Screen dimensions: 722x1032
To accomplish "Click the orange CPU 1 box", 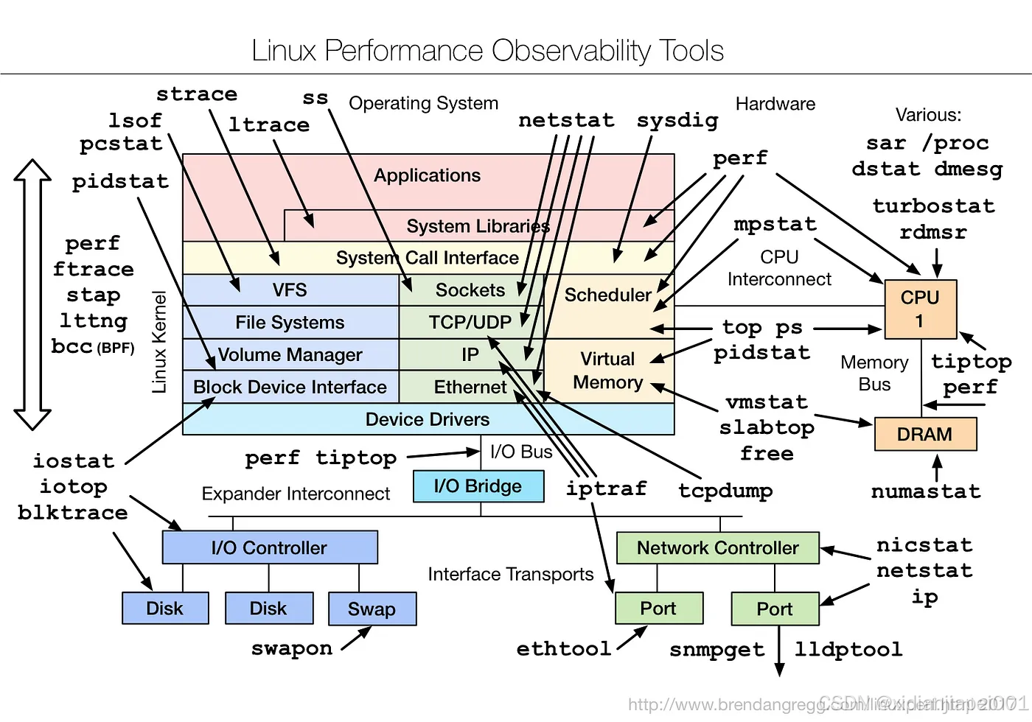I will click(x=920, y=309).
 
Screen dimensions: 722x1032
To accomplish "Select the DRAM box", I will click(x=924, y=434).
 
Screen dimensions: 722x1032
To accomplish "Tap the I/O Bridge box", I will click(x=478, y=486).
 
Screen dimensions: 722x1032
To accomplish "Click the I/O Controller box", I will click(x=269, y=547).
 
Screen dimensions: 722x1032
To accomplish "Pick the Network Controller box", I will click(x=717, y=548).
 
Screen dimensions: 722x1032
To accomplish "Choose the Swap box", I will click(x=372, y=609).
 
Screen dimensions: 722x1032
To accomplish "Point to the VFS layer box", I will click(x=290, y=290).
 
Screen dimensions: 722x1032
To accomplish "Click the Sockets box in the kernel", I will click(x=470, y=290).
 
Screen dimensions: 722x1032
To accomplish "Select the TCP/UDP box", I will click(x=470, y=322).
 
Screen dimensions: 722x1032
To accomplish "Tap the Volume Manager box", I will click(x=290, y=354).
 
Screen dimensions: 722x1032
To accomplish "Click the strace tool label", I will click(x=197, y=94).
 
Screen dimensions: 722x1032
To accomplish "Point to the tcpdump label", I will click(x=725, y=491).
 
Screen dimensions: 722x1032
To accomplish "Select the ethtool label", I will click(x=564, y=649).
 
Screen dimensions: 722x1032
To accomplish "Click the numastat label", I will click(x=926, y=491).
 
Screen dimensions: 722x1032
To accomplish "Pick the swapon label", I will click(x=292, y=648).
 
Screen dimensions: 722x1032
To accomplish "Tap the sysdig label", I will click(x=677, y=120).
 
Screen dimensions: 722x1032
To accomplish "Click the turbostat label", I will click(x=933, y=206).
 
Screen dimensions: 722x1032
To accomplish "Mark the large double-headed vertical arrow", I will click(x=32, y=294).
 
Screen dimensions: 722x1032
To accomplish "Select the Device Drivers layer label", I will click(x=428, y=419).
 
